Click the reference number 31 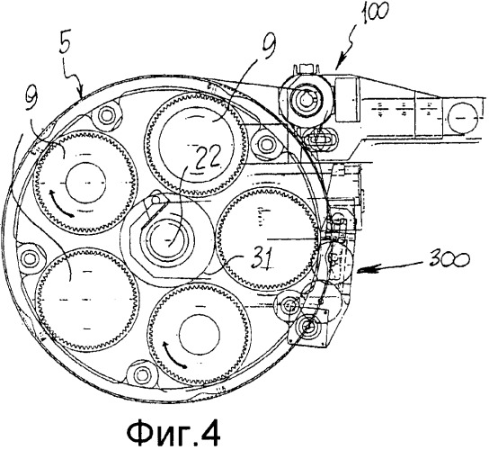coord(262,258)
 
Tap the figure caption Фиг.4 coord(173,432)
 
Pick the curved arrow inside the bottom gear coord(173,354)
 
